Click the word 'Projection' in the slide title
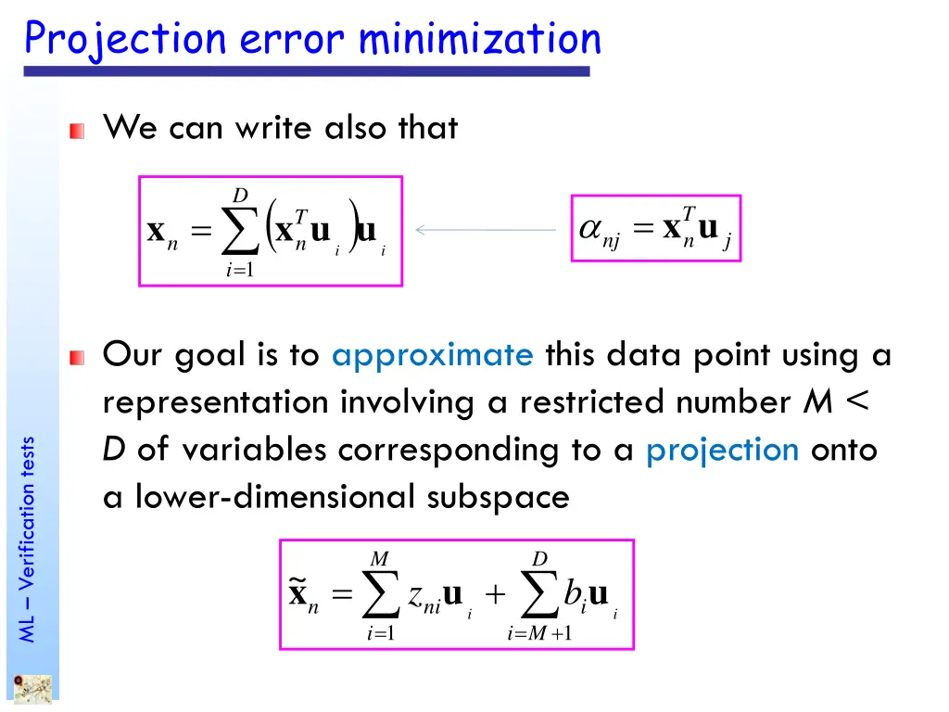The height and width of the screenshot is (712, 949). pyautogui.click(x=124, y=40)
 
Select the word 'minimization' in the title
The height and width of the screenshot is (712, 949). pyautogui.click(x=479, y=39)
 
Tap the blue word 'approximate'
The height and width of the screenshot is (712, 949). pyautogui.click(x=432, y=354)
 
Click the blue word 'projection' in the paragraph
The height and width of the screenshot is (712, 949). pyautogui.click(x=722, y=450)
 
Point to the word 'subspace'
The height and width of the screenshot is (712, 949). pyautogui.click(x=498, y=498)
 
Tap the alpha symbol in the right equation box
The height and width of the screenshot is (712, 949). pyautogui.click(x=589, y=230)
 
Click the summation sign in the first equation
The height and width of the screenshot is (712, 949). pyautogui.click(x=242, y=233)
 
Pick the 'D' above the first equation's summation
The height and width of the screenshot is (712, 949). pyautogui.click(x=240, y=196)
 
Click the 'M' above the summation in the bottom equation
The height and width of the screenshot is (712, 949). pyautogui.click(x=379, y=559)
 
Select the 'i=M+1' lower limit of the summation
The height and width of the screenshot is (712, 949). pyautogui.click(x=539, y=634)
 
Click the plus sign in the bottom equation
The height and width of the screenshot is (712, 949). pyautogui.click(x=494, y=595)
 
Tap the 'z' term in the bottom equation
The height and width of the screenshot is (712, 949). pyautogui.click(x=416, y=595)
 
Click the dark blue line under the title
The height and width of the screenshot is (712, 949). pyautogui.click(x=306, y=70)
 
